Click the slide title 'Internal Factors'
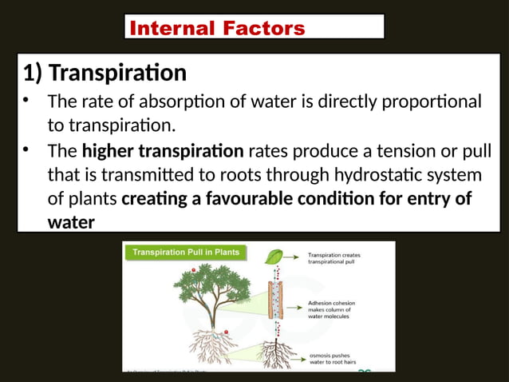tap(217, 29)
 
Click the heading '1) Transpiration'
tap(105, 74)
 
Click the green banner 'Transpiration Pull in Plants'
tap(186, 253)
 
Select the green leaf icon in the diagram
tap(273, 257)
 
